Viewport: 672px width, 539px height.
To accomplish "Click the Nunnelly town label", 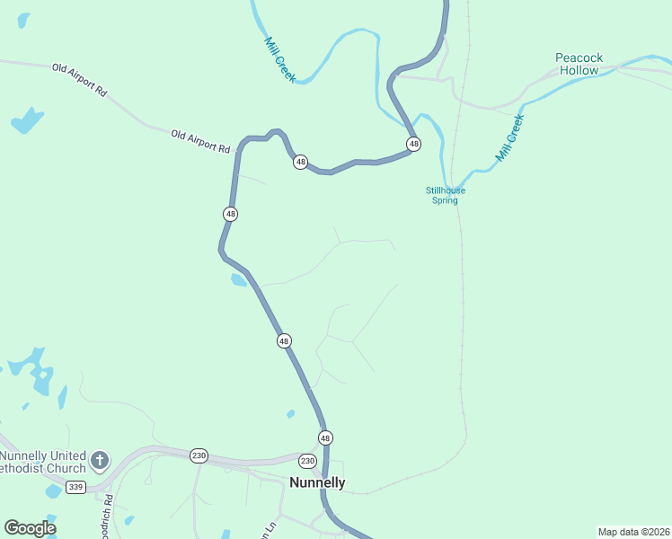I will click(317, 483).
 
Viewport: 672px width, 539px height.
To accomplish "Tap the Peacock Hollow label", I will click(579, 64).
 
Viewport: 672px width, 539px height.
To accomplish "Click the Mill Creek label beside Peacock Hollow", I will click(509, 137).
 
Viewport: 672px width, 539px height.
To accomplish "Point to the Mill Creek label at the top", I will click(279, 58).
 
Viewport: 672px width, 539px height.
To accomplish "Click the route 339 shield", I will click(76, 487).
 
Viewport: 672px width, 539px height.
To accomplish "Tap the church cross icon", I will click(100, 461).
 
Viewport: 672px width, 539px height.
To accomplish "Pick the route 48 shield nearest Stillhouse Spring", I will click(413, 144).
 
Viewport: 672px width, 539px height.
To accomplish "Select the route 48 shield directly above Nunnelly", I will click(325, 437).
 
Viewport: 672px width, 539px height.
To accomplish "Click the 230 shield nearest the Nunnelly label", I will click(307, 461).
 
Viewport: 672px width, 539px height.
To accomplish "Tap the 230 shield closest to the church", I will click(199, 455).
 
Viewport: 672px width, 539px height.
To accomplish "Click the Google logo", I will click(30, 528).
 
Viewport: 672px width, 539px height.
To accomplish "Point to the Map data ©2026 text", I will click(632, 532).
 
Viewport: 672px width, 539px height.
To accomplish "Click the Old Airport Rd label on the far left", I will click(79, 79).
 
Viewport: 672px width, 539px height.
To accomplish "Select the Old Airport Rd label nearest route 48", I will click(200, 140).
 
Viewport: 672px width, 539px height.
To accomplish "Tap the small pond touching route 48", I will click(238, 280).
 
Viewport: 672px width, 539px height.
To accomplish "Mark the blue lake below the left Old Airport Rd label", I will click(27, 120).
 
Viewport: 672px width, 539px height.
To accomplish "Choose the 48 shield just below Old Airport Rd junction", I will click(301, 163).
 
